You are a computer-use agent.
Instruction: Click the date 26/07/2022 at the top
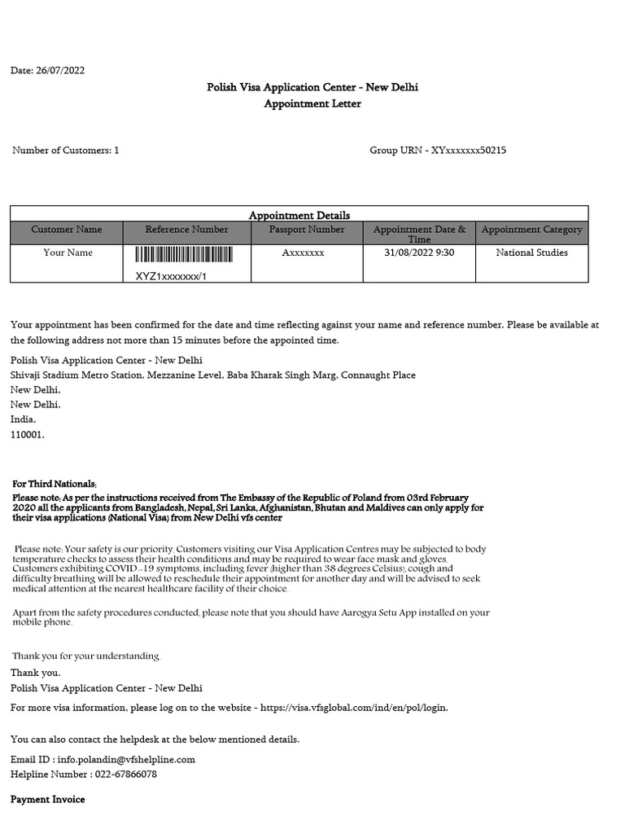coord(60,71)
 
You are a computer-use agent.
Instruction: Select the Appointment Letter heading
coord(312,103)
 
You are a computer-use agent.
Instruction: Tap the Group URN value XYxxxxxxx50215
coord(469,151)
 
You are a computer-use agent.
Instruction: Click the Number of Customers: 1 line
coord(65,151)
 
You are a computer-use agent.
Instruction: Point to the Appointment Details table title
coord(299,215)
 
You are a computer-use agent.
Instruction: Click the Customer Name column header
coord(67,230)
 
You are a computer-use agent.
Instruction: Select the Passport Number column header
coord(307,230)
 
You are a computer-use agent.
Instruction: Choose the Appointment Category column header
coord(532,230)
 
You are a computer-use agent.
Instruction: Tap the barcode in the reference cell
coord(187,257)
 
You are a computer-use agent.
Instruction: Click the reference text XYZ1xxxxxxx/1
coord(171,276)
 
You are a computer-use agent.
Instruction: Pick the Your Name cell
coord(68,252)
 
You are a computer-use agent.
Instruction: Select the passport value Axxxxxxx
coord(303,253)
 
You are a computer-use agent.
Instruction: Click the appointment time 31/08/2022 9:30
coord(419,252)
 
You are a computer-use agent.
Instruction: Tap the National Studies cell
coord(532,252)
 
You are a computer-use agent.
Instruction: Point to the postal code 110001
coord(28,435)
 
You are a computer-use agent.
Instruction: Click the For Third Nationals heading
coord(54,484)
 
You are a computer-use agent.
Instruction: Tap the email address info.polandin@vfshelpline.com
coord(126,759)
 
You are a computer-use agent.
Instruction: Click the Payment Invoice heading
coord(47,800)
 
